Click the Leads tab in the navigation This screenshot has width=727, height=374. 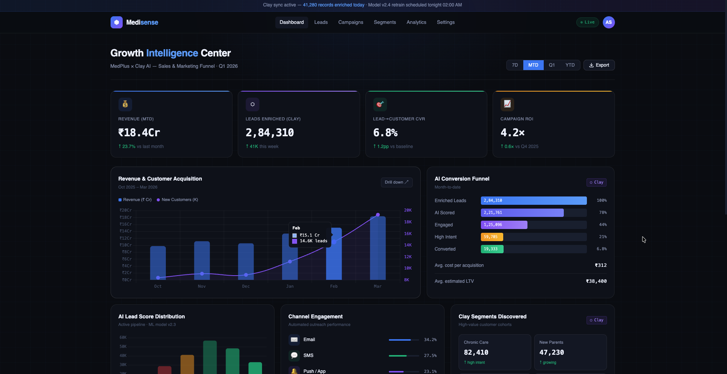click(x=321, y=22)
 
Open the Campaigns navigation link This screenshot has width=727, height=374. click(x=351, y=22)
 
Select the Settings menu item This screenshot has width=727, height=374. click(x=446, y=22)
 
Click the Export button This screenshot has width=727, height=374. click(x=599, y=65)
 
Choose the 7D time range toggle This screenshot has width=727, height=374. click(x=515, y=65)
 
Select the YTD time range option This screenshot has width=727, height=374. click(x=570, y=65)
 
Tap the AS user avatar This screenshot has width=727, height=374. click(x=608, y=22)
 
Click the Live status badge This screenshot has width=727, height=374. click(x=587, y=22)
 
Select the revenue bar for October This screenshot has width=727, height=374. click(x=158, y=263)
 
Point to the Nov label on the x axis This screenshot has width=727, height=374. click(x=202, y=286)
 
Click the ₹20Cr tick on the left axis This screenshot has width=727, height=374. click(x=126, y=210)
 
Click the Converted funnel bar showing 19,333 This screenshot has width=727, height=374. click(x=492, y=249)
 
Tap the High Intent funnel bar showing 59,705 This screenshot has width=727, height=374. click(x=492, y=237)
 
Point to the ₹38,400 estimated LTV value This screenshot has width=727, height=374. click(x=596, y=281)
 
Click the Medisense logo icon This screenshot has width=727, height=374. click(x=117, y=22)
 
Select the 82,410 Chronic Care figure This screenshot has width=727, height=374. click(x=476, y=352)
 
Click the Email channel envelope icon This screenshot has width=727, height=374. click(x=294, y=340)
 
